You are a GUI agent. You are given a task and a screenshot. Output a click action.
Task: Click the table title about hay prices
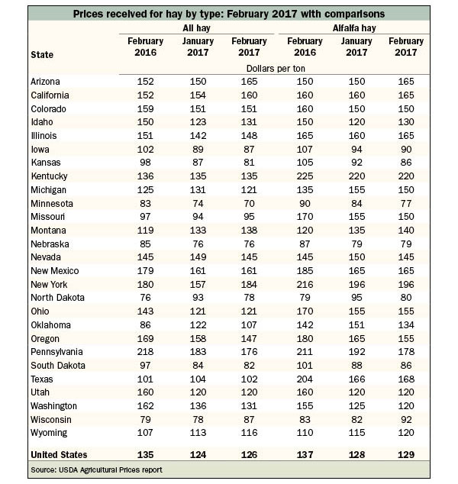pos(229,14)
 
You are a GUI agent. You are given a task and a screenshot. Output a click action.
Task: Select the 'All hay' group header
pos(196,28)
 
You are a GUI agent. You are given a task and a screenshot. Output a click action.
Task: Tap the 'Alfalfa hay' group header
pos(354,28)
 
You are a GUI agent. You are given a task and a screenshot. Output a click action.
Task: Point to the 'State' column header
pos(42,55)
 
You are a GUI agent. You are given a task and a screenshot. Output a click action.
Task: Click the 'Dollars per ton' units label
pos(276,68)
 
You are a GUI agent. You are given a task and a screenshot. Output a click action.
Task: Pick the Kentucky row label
pos(49,176)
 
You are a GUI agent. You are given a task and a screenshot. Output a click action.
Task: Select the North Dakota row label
pos(57,297)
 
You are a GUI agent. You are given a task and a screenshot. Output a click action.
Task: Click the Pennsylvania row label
pos(56,352)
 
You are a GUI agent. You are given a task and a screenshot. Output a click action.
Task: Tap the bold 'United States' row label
pos(59,454)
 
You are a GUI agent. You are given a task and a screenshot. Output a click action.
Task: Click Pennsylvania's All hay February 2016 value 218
pos(145,352)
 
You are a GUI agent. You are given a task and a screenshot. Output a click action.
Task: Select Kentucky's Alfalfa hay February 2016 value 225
pos(305,176)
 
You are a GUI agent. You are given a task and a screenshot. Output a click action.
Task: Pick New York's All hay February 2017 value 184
pos(249,284)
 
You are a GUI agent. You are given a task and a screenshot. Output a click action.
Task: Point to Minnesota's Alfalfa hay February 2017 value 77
pos(406,203)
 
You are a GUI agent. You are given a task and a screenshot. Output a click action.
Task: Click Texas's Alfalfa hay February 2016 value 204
pos(305,379)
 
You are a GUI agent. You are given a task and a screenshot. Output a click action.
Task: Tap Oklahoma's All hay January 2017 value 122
pos(198,324)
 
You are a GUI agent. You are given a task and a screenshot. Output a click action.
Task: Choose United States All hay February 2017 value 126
pos(249,454)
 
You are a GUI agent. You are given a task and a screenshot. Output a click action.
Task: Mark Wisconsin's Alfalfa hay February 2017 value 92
pos(406,419)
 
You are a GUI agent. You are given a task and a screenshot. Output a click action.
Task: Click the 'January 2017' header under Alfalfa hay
pos(356,47)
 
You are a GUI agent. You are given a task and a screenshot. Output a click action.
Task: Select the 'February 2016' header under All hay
pos(145,47)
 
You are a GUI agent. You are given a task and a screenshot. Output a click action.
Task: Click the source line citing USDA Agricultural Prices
pos(96,469)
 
